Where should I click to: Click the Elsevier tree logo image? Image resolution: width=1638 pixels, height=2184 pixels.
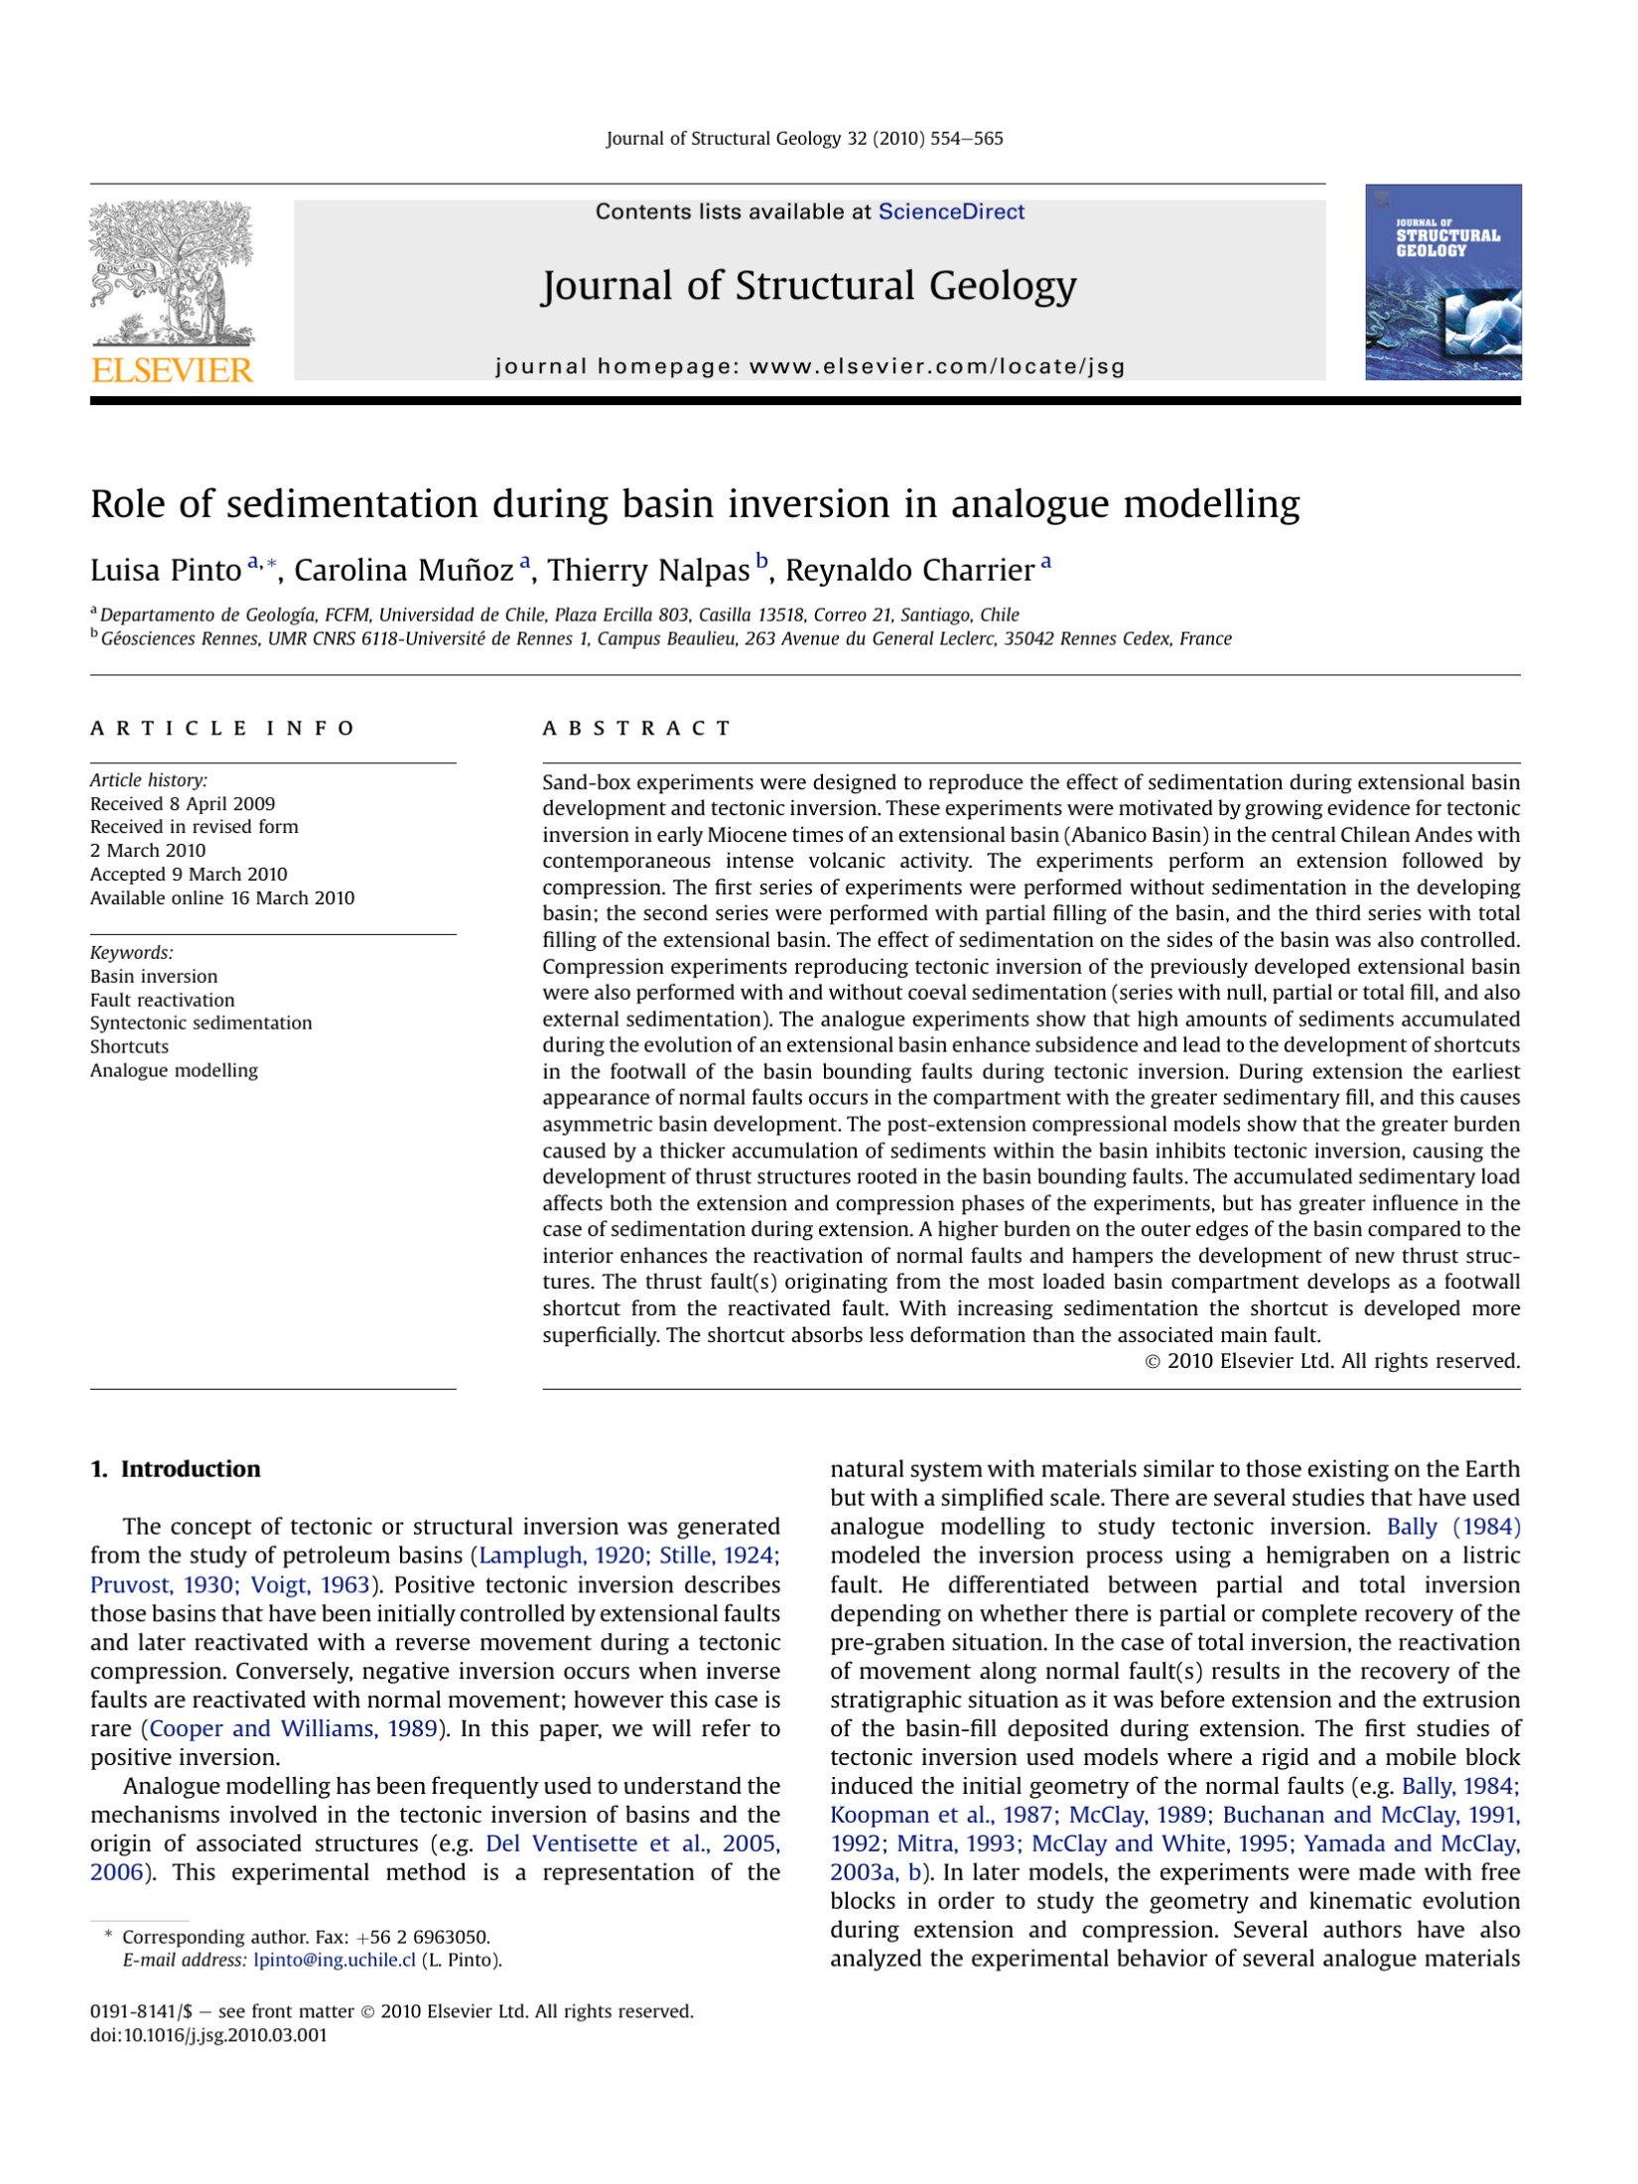coord(171,273)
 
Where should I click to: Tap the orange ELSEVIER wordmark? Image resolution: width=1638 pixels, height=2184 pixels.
coord(172,370)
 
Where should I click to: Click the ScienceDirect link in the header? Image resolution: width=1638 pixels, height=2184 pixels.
coord(950,211)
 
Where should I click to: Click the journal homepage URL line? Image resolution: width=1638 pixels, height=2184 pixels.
coord(809,366)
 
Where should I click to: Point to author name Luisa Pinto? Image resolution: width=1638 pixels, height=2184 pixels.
coord(165,571)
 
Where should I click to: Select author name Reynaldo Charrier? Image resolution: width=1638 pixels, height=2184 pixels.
coord(909,571)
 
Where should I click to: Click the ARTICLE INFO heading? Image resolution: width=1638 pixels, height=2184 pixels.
coord(222,729)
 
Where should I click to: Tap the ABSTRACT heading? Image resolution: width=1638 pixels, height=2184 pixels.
coord(636,729)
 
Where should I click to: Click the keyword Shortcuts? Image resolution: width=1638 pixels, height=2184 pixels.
coord(129,1046)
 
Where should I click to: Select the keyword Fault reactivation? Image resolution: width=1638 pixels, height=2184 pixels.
coord(162,1000)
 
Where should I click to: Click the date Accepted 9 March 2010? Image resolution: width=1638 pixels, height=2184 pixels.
coord(189,875)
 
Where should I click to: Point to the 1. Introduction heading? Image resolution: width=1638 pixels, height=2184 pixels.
coord(175,1469)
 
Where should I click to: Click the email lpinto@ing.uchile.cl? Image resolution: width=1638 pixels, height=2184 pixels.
coord(335,1960)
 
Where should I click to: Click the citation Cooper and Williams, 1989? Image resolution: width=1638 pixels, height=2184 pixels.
coord(293,1728)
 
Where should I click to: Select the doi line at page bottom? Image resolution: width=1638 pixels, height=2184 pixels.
coord(208,2035)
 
